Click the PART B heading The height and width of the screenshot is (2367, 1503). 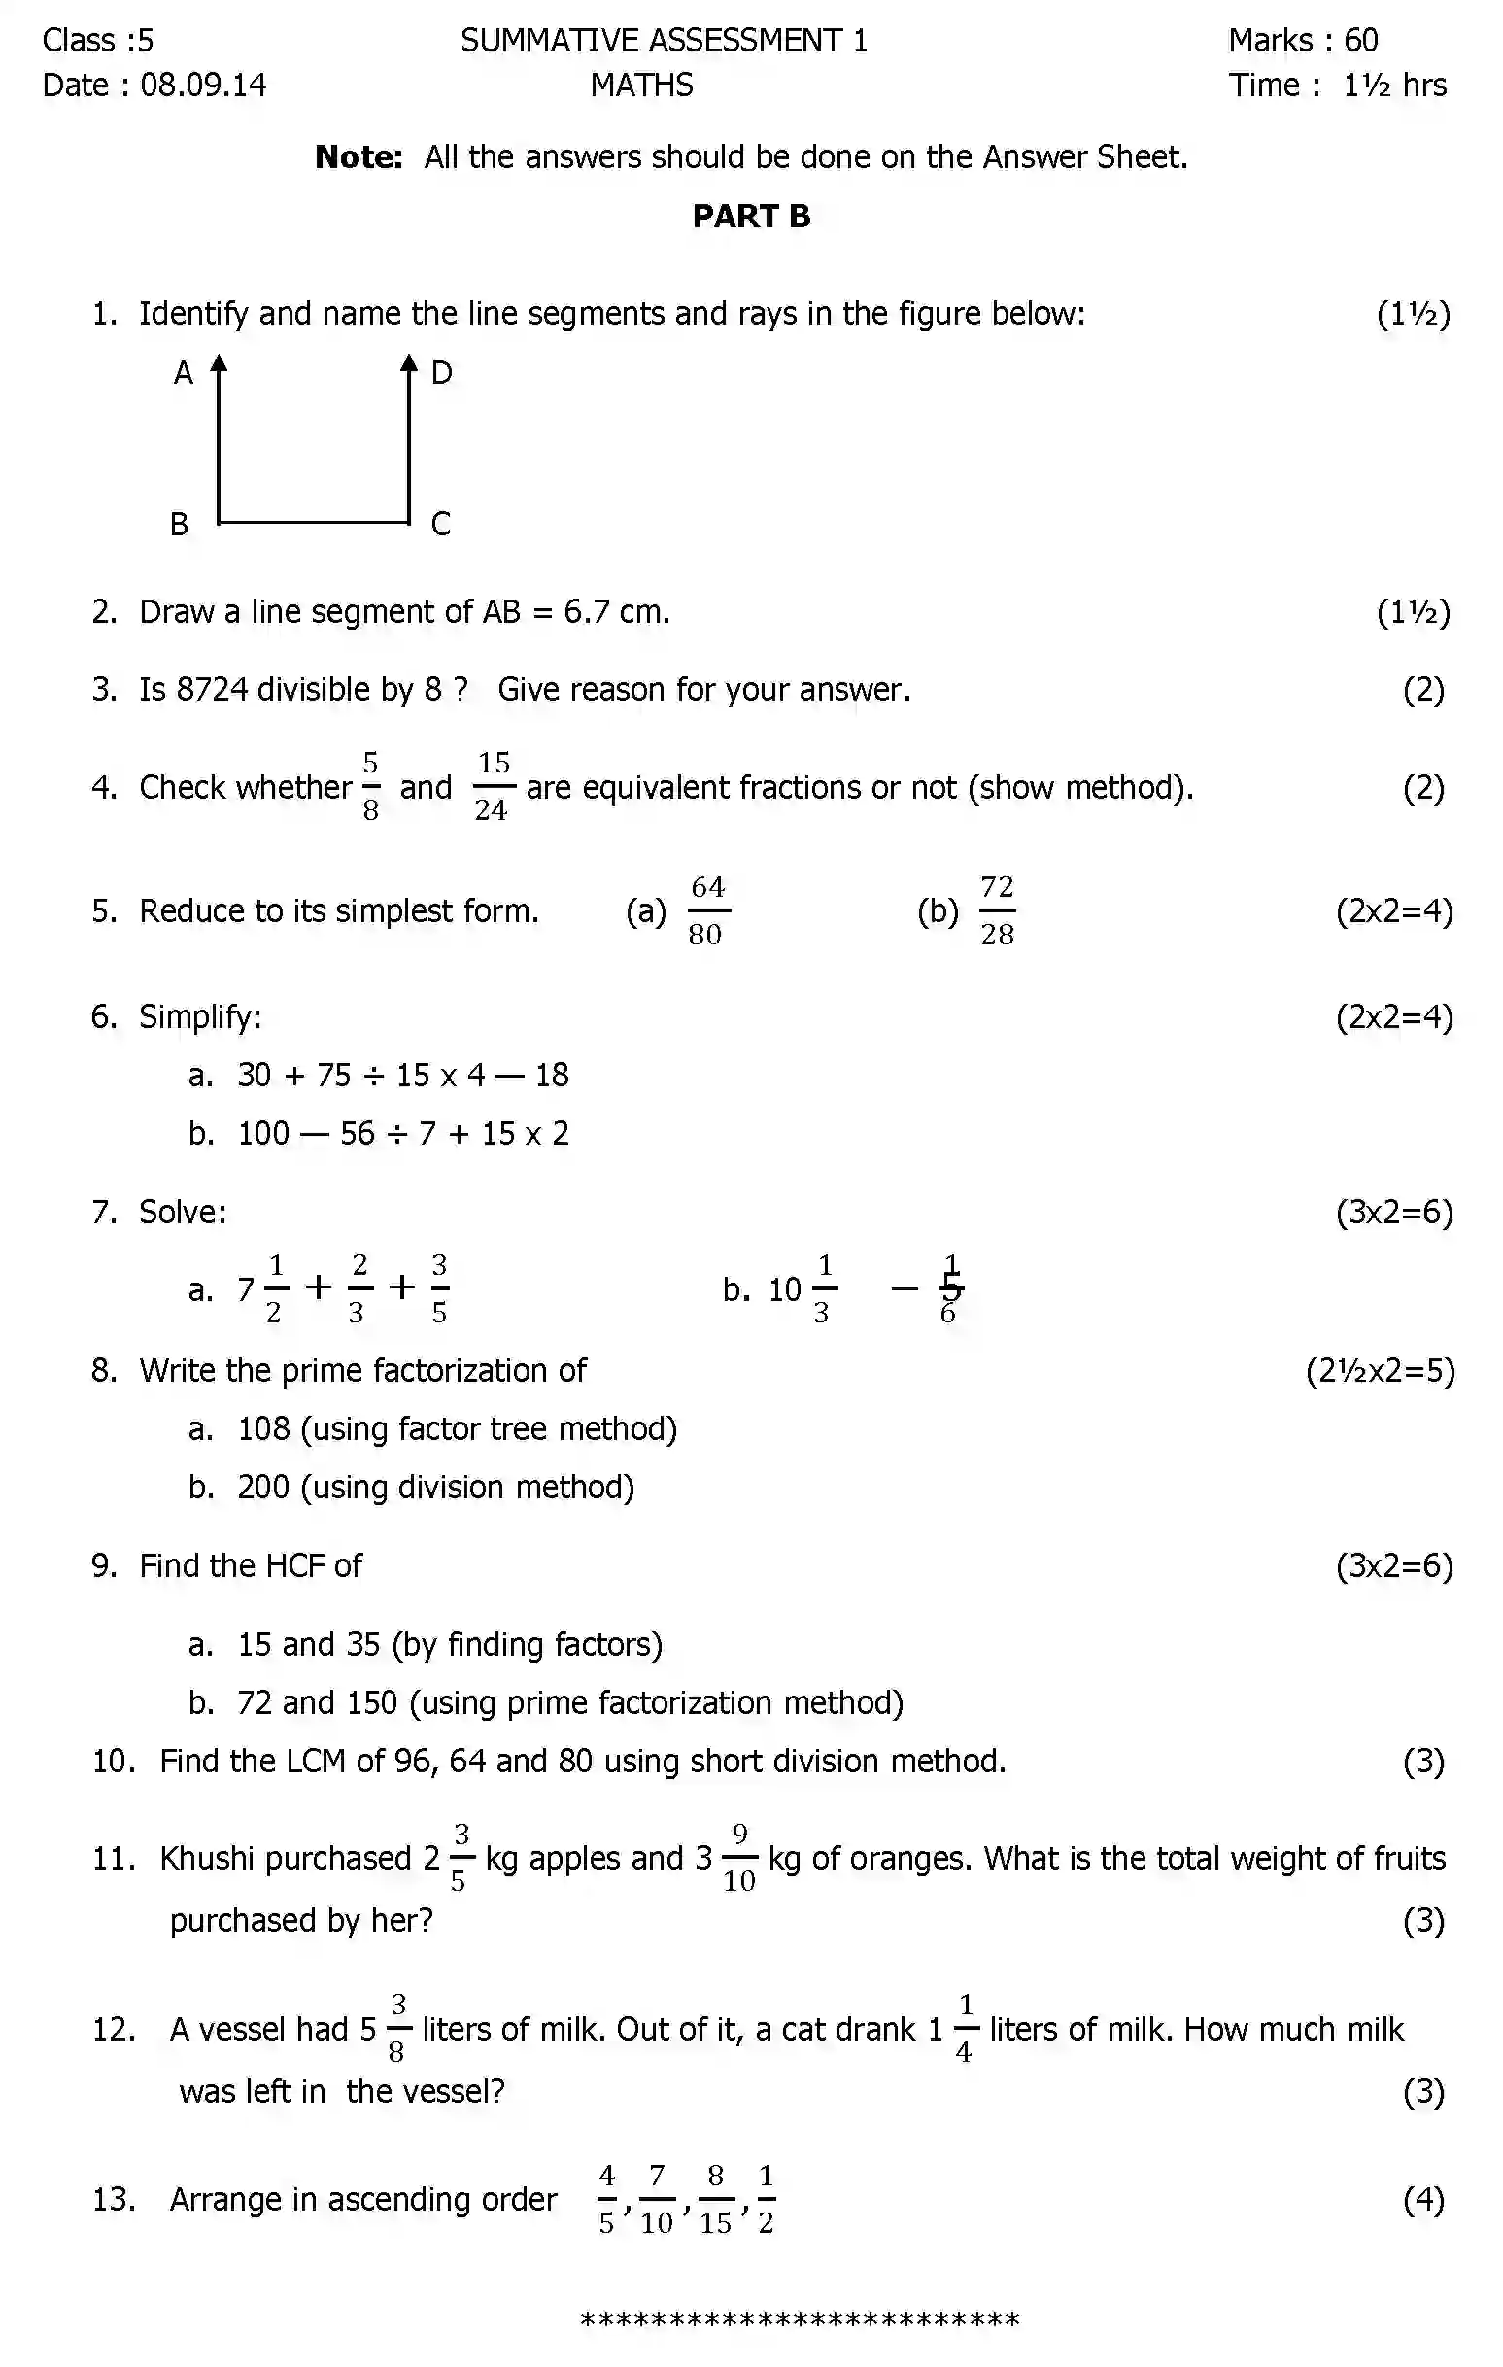[x=751, y=217]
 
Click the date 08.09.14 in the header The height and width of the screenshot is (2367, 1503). [x=203, y=86]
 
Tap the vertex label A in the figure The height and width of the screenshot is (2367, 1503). [x=184, y=373]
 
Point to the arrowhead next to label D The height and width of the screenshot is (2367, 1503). [x=409, y=363]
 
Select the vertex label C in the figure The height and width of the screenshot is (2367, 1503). [x=440, y=524]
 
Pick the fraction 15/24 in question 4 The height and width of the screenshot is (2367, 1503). [x=493, y=786]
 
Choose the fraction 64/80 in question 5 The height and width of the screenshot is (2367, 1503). [x=706, y=911]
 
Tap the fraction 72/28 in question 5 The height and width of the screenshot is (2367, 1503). [x=997, y=911]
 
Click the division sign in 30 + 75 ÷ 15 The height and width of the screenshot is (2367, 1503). [x=373, y=1076]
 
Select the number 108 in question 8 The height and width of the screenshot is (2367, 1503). [x=263, y=1429]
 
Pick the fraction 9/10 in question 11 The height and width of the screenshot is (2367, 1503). [x=739, y=1858]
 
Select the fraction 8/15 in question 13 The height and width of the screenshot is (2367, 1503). [x=716, y=2200]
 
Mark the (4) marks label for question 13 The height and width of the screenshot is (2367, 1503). [x=1423, y=2200]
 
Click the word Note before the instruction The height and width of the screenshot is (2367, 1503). [x=358, y=157]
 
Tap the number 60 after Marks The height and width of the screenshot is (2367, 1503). [x=1360, y=40]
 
